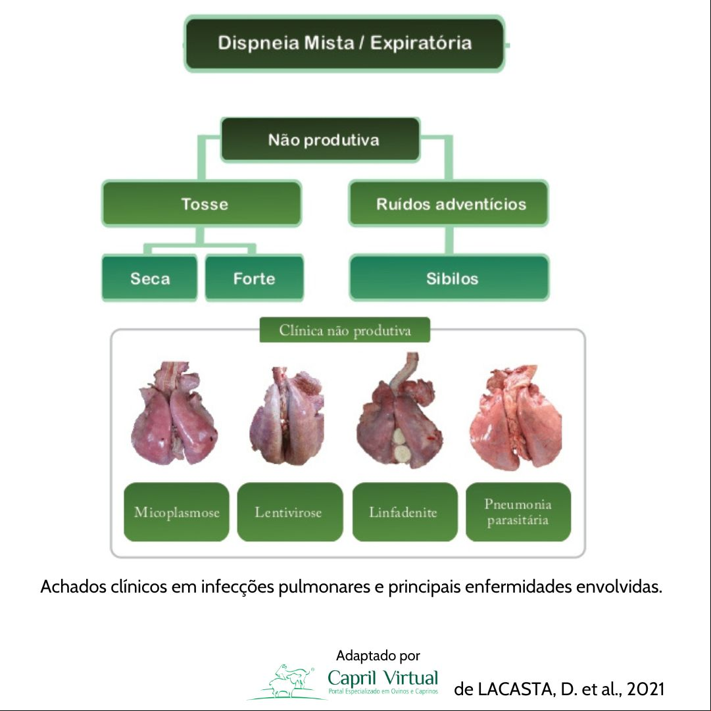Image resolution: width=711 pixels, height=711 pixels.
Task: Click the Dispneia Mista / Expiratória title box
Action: coord(344,43)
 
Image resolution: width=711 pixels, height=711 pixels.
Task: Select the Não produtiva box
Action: coord(320,139)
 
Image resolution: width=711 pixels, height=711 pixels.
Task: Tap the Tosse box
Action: coord(202,204)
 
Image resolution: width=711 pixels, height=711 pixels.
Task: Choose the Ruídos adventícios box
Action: coord(449,204)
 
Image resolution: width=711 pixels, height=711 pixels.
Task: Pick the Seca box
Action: coord(150,278)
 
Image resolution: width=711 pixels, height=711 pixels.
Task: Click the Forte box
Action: coord(255,278)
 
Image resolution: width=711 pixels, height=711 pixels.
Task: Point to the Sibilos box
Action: coord(449,278)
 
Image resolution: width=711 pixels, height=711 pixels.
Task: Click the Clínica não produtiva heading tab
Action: coord(345,330)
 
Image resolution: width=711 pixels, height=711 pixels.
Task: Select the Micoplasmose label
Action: coord(176,512)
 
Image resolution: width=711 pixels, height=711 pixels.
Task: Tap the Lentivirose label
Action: coord(290,512)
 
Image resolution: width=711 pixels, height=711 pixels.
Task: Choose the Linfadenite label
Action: coord(405,512)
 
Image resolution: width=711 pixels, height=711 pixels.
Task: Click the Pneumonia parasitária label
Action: coord(518,512)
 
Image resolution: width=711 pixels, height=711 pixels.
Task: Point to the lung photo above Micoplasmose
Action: coord(174,413)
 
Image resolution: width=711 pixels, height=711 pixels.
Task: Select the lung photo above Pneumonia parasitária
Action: coord(516,417)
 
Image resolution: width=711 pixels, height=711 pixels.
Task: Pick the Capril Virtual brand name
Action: coord(383,678)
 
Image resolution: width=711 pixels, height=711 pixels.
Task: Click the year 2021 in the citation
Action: coord(645,689)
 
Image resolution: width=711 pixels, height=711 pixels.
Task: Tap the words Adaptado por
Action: coord(378,656)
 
